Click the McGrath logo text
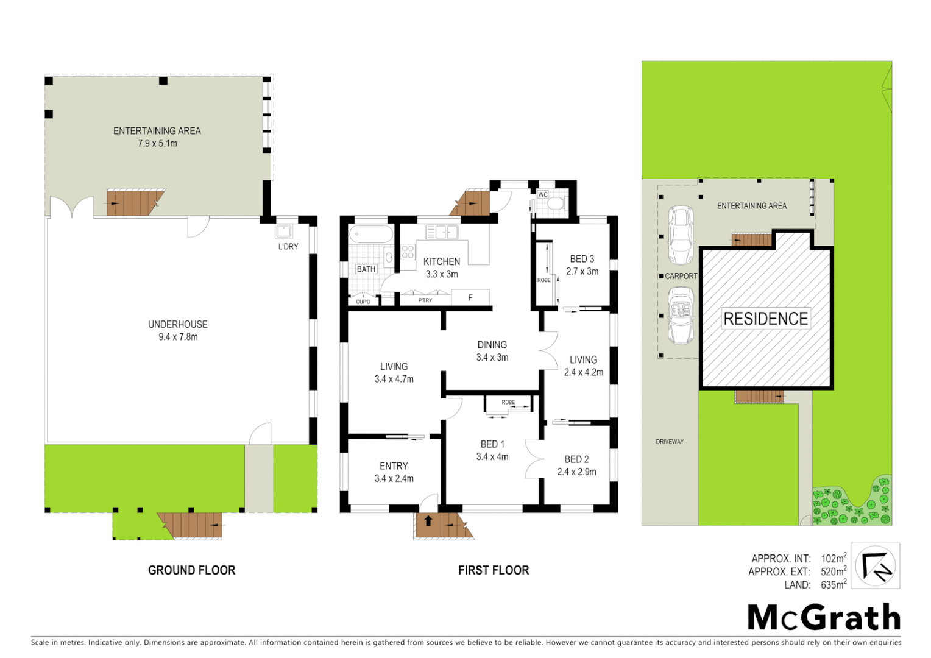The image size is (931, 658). tap(824, 618)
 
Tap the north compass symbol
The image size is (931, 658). tap(876, 566)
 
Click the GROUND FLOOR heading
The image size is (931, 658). tap(191, 570)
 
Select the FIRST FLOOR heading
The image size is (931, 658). tap(494, 570)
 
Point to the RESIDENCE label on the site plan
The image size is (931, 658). tap(766, 319)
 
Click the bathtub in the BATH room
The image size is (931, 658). tap(371, 234)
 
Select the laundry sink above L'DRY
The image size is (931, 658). tap(283, 232)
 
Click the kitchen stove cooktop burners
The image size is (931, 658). tap(408, 252)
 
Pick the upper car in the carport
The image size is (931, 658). tap(681, 235)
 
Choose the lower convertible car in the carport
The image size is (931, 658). tap(681, 316)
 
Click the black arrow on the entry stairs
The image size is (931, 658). tap(428, 521)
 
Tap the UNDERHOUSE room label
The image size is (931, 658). tap(178, 325)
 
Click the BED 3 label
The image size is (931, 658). tap(582, 259)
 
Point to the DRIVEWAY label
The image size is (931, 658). tap(670, 442)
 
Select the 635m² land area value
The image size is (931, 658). tap(833, 585)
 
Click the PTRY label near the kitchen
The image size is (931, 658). tap(425, 300)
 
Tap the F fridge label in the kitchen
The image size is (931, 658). tap(470, 298)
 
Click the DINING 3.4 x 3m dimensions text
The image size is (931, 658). tap(492, 358)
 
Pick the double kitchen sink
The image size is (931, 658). tap(442, 232)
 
